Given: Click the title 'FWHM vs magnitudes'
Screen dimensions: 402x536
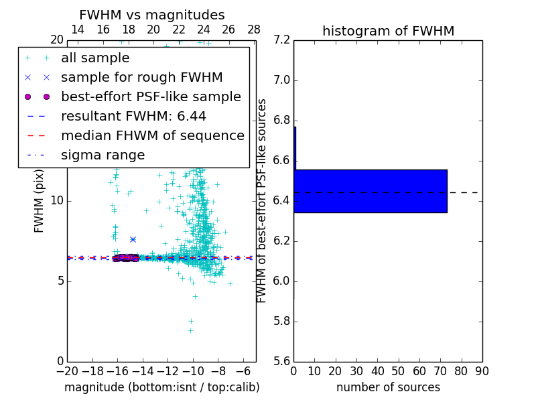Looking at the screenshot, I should (x=152, y=15).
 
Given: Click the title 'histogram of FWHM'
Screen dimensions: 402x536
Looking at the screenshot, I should (x=388, y=31).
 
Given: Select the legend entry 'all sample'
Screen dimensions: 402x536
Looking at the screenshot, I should (x=95, y=58).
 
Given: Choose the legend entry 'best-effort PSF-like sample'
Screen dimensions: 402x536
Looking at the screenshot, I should (x=151, y=96).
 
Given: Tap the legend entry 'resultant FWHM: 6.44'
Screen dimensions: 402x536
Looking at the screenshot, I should (x=133, y=116).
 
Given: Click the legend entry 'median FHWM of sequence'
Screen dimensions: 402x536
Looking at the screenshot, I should (x=152, y=135).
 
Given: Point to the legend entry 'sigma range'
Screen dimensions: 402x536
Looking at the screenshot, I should (x=103, y=155).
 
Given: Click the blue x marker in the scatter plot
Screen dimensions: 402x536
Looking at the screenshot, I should (x=133, y=239).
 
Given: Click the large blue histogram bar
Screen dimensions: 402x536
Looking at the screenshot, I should (x=371, y=191).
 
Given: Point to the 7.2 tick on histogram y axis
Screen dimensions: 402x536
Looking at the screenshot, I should (x=281, y=40).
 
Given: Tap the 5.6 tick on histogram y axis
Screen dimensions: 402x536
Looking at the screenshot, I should (x=281, y=361).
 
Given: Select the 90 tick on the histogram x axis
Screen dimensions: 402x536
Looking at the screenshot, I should (x=482, y=371).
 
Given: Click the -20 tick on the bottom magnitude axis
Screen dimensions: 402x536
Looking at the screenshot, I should (x=68, y=371).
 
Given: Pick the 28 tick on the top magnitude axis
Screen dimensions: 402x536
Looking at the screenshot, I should (x=254, y=29).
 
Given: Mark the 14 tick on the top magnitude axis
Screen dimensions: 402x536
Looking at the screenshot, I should (x=78, y=29).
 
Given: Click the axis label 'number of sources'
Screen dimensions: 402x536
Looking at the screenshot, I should (x=388, y=387).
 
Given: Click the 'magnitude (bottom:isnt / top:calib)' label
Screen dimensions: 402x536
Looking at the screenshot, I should (x=161, y=387).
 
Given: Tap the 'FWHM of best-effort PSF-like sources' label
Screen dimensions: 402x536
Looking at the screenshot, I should (x=262, y=200).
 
